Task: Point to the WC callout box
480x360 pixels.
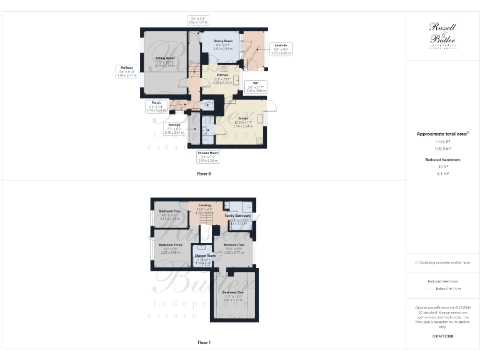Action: point(255,86)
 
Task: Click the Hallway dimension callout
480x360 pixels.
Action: point(126,71)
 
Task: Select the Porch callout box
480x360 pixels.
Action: point(156,106)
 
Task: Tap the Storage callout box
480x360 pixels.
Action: point(173,128)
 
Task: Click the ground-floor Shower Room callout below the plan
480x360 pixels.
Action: point(207,156)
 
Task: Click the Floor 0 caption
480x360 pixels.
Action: point(204,173)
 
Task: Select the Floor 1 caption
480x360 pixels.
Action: point(204,342)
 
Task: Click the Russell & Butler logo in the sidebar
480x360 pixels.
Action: point(442,35)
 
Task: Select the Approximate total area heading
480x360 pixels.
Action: point(442,134)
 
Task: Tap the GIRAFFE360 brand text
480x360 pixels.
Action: point(442,336)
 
